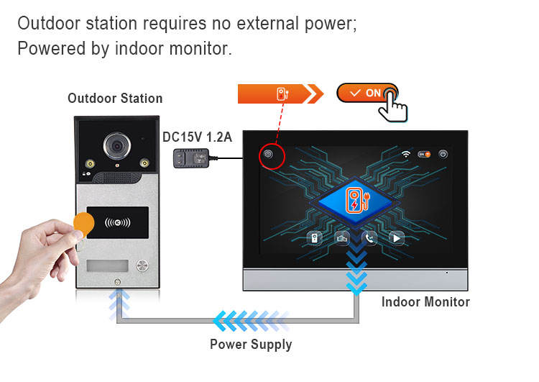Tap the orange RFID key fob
84,224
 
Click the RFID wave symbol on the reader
119,223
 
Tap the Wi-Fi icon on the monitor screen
406,154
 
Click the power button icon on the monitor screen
443,154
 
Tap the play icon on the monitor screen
397,239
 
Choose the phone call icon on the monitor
369,239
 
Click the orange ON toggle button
367,94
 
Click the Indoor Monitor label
425,302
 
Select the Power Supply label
251,344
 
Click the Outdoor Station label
115,99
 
